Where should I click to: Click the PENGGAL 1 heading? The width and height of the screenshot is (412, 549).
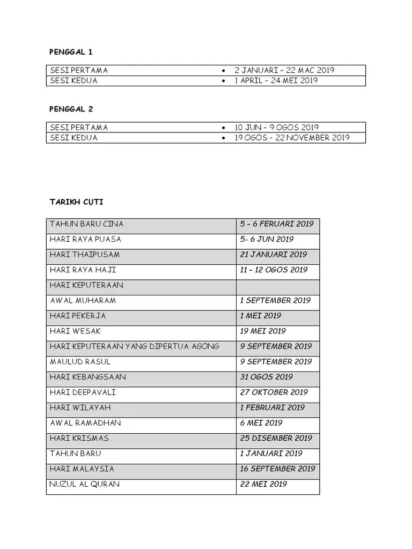(71, 52)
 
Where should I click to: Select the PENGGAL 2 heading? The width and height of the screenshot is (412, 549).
(71, 109)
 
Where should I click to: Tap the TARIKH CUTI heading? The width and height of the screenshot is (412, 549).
(76, 202)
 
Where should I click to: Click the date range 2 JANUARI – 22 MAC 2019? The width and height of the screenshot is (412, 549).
(284, 70)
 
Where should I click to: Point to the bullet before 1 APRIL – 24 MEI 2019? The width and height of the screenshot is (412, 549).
(223, 81)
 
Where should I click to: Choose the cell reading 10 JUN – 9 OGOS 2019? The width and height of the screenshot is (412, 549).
(276, 128)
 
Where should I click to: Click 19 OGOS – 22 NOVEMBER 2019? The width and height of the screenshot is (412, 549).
(291, 138)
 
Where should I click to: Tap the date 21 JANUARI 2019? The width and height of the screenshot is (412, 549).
(274, 255)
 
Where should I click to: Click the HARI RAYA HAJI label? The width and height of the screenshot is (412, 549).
(83, 270)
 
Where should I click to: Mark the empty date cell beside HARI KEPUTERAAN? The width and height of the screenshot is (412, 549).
(277, 285)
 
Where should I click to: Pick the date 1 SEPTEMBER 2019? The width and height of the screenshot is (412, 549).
(275, 300)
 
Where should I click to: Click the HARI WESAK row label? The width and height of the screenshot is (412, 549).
(75, 331)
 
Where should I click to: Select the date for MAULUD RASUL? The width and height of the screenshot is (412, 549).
(276, 362)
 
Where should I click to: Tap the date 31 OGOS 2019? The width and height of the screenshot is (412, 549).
(266, 377)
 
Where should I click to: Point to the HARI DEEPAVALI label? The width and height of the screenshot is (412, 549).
(83, 392)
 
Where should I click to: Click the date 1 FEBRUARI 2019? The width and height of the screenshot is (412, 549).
(273, 407)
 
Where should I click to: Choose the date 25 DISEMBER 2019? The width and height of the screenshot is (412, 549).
(276, 438)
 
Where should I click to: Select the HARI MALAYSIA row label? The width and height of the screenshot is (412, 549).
(82, 469)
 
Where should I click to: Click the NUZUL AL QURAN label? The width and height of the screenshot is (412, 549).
(84, 484)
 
